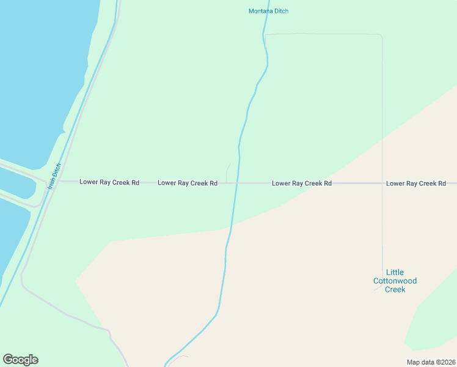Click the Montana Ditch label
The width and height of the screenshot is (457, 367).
(268, 11)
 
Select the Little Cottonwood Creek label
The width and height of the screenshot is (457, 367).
(395, 281)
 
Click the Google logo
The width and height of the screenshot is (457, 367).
(20, 360)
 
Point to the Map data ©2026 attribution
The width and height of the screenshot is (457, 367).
(431, 362)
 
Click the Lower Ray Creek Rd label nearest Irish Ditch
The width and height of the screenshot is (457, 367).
(109, 182)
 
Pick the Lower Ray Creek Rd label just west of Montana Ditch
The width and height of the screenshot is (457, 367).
(188, 183)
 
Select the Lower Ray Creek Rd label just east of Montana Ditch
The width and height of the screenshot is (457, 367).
(302, 183)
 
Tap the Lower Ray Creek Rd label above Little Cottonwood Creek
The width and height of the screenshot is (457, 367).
(416, 183)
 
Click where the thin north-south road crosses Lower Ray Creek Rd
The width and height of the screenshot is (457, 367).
(382, 183)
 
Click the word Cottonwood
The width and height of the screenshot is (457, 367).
(395, 281)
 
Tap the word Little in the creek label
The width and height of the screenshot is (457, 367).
(395, 272)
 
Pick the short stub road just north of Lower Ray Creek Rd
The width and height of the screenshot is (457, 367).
(228, 171)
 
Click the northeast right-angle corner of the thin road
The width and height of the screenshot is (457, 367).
(381, 35)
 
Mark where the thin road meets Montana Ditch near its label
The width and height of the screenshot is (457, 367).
(265, 35)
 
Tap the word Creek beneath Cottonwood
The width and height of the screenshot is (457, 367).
(395, 289)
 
